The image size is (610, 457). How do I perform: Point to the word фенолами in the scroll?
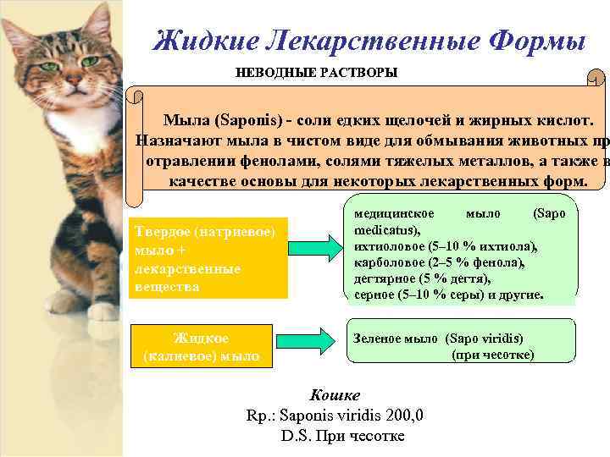(x=263, y=161)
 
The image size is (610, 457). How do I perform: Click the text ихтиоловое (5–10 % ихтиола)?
(x=446, y=245)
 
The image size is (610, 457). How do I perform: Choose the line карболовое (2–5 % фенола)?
(x=440, y=262)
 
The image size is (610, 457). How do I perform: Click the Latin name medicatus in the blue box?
(x=383, y=228)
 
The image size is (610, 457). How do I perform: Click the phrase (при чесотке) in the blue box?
(x=492, y=354)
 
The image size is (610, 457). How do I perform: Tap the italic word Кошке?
(x=335, y=395)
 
